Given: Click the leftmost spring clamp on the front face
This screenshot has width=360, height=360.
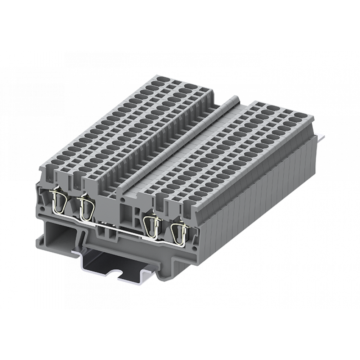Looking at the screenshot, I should [59, 201].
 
